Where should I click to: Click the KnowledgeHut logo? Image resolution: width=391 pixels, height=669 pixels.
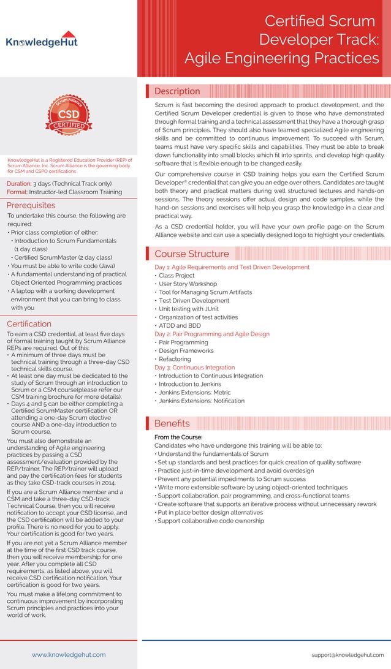click(x=42, y=40)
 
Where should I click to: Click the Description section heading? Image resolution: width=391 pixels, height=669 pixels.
click(x=177, y=91)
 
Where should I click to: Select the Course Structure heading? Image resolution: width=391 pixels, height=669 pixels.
click(x=191, y=254)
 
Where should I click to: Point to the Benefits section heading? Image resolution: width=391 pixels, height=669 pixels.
click(x=172, y=423)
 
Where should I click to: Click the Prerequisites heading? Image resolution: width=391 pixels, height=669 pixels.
click(x=31, y=205)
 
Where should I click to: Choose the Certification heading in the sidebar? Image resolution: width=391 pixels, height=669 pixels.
click(x=29, y=323)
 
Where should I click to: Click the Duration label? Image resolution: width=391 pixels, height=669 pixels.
click(x=18, y=183)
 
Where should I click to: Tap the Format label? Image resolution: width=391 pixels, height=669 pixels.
click(x=17, y=192)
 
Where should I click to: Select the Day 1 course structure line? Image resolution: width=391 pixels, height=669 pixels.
click(x=232, y=267)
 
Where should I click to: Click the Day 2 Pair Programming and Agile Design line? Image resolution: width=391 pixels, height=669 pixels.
click(x=211, y=334)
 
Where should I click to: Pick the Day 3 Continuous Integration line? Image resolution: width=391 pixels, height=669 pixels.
click(x=194, y=367)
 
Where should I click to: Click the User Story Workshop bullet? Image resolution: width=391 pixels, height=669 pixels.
click(x=188, y=284)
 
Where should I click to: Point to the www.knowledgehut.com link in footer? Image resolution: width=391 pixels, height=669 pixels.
click(x=68, y=654)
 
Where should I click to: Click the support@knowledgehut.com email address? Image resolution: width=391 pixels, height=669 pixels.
click(x=347, y=654)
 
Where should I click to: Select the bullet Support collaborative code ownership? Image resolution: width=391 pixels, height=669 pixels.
click(x=210, y=521)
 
